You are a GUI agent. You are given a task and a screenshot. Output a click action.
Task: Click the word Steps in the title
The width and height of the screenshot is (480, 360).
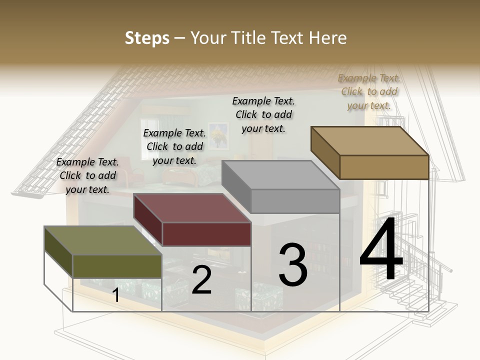(147, 38)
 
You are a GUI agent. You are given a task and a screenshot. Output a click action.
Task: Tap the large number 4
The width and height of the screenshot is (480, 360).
(381, 250)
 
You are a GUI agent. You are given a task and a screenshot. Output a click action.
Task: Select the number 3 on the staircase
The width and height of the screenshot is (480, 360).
(292, 265)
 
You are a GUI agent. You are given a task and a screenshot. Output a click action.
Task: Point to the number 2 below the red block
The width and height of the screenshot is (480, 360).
(201, 280)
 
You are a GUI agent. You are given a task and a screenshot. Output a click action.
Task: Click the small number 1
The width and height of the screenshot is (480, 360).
(116, 295)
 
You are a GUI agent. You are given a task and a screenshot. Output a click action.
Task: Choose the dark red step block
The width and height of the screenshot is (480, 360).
(192, 220)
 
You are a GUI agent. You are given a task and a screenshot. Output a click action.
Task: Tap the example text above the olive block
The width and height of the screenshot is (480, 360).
(87, 175)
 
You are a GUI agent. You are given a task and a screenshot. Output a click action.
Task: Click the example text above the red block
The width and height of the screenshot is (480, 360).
(174, 146)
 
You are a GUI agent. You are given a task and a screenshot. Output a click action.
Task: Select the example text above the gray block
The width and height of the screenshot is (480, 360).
(263, 114)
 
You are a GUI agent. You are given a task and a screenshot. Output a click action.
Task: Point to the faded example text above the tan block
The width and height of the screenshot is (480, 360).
(369, 91)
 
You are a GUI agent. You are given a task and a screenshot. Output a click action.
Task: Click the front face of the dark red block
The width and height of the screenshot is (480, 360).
(206, 234)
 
